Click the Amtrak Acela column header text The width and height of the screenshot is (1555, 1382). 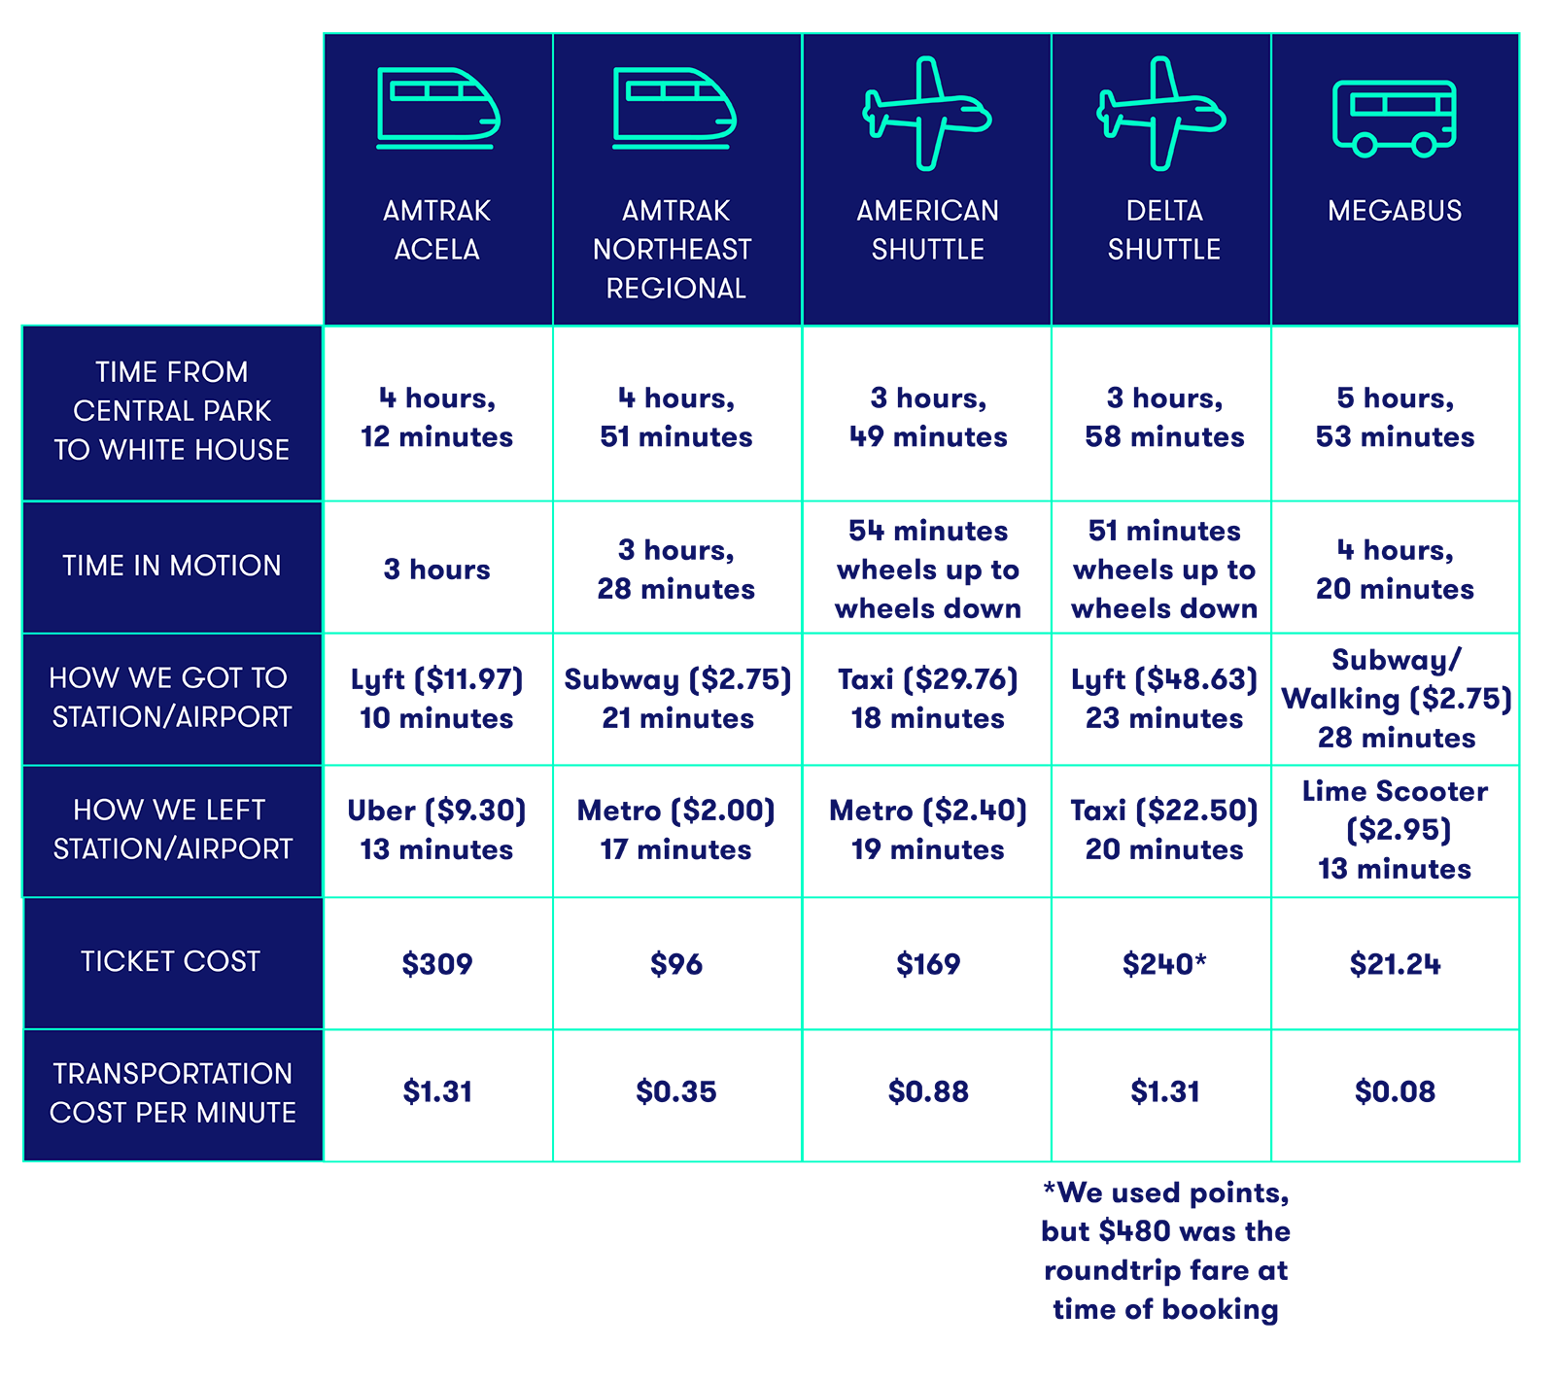[436, 230]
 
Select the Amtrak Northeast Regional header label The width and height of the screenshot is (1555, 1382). [674, 250]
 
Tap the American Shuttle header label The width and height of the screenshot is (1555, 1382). [927, 230]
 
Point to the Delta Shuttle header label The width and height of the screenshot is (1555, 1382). [1163, 230]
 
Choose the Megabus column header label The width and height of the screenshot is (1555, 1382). [1395, 211]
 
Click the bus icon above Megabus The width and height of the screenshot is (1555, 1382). [1395, 118]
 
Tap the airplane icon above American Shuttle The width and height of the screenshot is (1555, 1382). [927, 114]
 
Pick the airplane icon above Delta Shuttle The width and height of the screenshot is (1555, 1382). [1161, 114]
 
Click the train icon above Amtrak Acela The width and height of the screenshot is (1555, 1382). [437, 108]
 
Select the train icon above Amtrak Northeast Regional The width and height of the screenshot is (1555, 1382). [674, 108]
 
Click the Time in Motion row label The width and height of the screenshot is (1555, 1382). [172, 566]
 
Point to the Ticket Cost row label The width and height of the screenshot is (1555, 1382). [171, 961]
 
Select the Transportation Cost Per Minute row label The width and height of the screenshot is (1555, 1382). [173, 1092]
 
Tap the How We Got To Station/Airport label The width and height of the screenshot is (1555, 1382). [171, 697]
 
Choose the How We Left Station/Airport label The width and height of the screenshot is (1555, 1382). [172, 829]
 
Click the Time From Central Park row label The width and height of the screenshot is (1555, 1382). [172, 411]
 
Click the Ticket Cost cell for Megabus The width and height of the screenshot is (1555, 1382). [1395, 963]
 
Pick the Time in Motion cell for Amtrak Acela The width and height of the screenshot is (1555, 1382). [437, 569]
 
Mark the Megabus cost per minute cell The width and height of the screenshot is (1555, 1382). [1395, 1093]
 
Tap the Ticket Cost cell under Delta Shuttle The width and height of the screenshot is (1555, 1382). [1162, 963]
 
